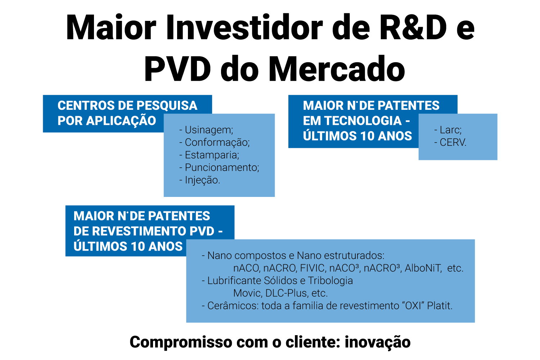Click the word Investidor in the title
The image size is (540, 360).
(244, 27)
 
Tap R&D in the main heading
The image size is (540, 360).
(413, 27)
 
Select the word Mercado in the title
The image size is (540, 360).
(337, 69)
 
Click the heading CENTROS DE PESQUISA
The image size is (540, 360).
(127, 105)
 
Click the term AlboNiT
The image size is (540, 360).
(423, 268)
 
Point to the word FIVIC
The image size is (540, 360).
(312, 268)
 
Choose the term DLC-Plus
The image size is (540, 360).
(287, 293)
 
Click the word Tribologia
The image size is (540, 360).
(330, 281)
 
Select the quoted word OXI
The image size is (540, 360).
(413, 306)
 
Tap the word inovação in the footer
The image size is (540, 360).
(378, 342)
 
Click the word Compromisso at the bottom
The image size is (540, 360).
(181, 342)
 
